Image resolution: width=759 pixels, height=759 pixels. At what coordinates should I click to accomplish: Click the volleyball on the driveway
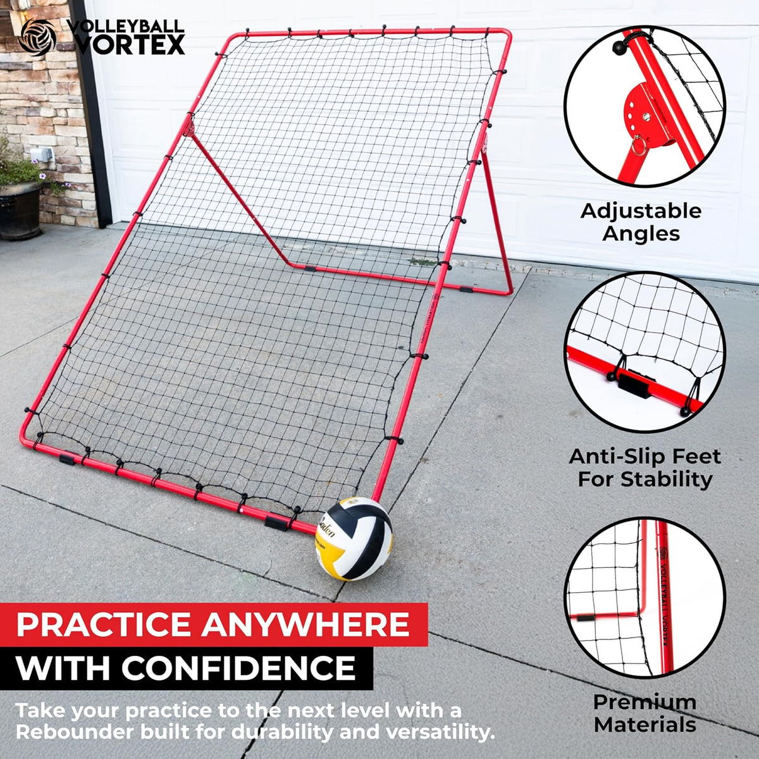354,540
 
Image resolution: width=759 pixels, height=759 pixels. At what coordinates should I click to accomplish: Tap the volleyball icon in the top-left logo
37,37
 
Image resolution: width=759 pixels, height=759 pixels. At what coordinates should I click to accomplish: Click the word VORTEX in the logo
130,45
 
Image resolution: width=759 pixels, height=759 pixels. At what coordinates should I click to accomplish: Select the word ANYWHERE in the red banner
305,624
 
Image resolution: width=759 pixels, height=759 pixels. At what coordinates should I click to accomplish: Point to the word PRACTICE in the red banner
104,624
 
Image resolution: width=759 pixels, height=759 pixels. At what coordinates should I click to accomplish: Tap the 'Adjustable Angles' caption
641,222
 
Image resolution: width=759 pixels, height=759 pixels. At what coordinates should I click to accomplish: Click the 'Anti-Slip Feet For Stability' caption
645,467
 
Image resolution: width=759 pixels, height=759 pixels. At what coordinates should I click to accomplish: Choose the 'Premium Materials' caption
645,713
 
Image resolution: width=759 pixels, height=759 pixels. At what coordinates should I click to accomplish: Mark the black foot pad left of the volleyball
276,522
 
